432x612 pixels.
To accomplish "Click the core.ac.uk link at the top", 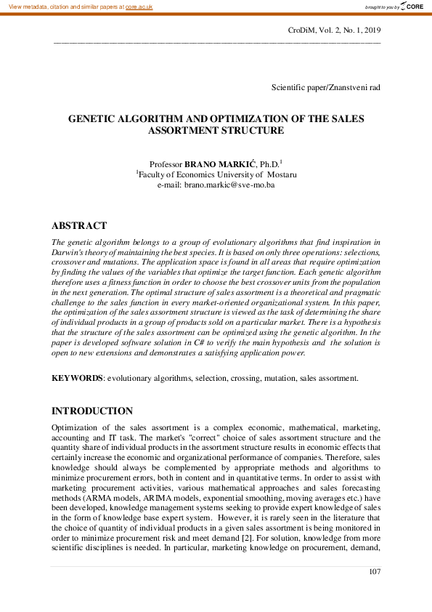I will pos(139,6).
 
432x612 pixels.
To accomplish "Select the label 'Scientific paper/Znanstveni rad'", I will pos(326,87).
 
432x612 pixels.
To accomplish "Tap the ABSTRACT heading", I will pos(79,225).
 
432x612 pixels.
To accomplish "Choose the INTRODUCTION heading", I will pos(92,411).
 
